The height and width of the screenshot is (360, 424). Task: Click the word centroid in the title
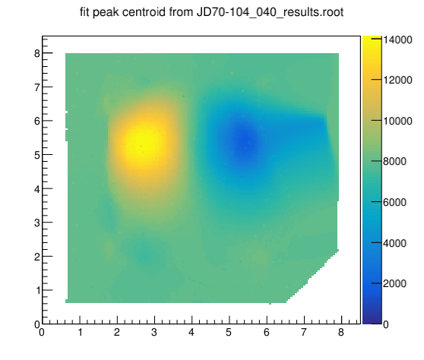[x=144, y=12]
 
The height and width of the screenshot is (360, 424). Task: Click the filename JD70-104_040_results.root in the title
[x=270, y=12]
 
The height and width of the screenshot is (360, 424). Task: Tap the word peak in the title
[x=106, y=13]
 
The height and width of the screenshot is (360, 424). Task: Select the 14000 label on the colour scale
[x=397, y=39]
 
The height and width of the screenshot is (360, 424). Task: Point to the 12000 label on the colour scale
[x=397, y=80]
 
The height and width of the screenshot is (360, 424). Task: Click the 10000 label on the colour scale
[x=397, y=121]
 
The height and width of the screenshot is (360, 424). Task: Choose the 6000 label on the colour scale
[x=394, y=202]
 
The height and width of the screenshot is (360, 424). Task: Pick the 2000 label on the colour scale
[x=394, y=283]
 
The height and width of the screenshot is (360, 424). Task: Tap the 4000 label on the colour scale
[x=394, y=243]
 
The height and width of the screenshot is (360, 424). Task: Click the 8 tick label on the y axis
[x=37, y=53]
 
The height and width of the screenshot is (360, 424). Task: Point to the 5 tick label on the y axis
[x=37, y=155]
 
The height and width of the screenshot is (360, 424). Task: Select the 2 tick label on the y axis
[x=37, y=257]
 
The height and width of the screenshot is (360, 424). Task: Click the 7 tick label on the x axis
[x=304, y=332]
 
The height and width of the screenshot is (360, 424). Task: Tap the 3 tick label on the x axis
[x=154, y=332]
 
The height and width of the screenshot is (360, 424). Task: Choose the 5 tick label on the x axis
[x=229, y=332]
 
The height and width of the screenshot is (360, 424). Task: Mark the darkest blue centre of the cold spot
[x=246, y=142]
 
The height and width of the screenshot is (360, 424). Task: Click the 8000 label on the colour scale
[x=394, y=161]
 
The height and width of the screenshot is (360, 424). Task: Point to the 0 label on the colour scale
[x=386, y=324]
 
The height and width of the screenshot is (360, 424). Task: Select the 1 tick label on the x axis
[x=81, y=332]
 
